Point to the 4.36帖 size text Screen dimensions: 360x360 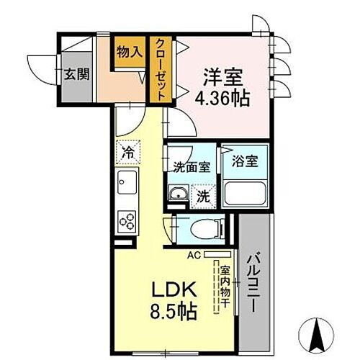223,96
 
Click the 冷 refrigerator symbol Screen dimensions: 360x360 127,153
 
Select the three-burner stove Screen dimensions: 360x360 127,220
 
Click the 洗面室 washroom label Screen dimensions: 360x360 191,168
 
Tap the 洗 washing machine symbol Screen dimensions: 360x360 204,194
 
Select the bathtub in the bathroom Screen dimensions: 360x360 245,193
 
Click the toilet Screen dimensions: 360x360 204,230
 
